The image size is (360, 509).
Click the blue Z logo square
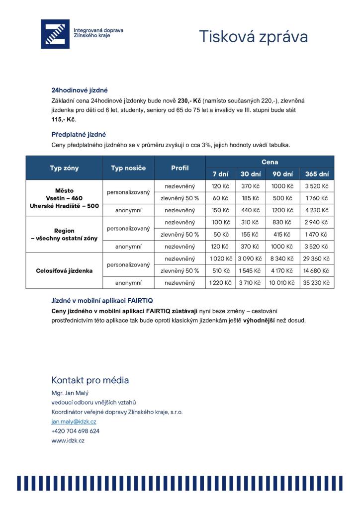tap(55, 34)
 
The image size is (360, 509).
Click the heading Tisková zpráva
tap(253, 36)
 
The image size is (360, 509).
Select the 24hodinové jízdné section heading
tap(80, 90)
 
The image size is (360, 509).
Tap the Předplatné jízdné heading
tap(79, 134)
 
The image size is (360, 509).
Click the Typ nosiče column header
tap(128, 168)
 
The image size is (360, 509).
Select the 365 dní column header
tap(317, 174)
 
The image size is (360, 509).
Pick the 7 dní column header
tap(220, 174)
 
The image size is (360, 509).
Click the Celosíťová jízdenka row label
tap(64, 271)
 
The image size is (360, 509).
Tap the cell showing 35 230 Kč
tap(317, 283)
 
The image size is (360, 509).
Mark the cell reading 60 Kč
tap(220, 198)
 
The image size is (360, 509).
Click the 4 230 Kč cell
tap(317, 210)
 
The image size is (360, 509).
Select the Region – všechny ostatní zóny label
tap(64, 235)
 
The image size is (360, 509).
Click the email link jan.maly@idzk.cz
tap(74, 422)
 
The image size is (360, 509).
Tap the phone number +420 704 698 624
tap(75, 431)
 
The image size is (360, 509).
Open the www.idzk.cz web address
tap(68, 440)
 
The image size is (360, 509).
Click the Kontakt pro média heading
tap(90, 380)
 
